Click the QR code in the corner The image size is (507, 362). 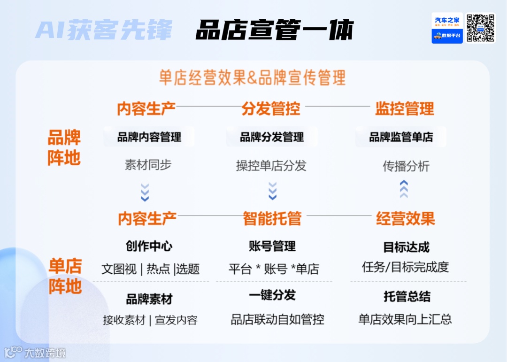[481, 28]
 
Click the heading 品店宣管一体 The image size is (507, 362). [274, 30]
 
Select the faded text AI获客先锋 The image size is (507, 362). [104, 30]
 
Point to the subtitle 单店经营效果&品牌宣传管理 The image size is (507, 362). [252, 78]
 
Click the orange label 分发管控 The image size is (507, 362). [271, 109]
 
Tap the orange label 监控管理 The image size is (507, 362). [404, 109]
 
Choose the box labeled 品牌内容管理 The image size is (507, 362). [149, 137]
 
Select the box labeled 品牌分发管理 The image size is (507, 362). [272, 137]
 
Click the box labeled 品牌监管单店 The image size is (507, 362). [401, 137]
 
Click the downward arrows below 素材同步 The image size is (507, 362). [145, 192]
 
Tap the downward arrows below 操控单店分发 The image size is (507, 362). [272, 191]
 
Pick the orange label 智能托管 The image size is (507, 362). [272, 218]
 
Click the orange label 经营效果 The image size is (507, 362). [406, 218]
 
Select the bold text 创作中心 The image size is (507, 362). [149, 246]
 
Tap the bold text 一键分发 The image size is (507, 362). [272, 295]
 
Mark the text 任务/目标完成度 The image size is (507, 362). [406, 267]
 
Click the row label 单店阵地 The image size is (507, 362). [65, 277]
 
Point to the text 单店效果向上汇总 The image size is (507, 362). [405, 319]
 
